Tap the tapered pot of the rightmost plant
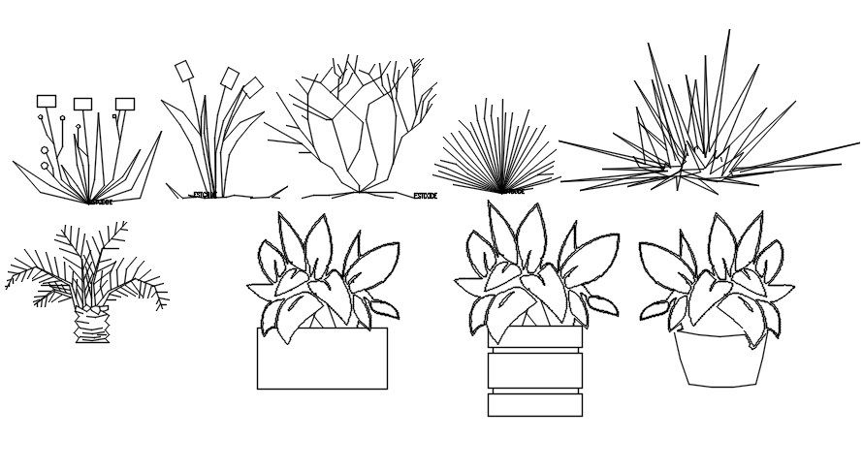tap(720, 360)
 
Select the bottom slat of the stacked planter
tap(535, 405)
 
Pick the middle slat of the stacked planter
tap(535, 370)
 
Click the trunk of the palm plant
tap(91, 324)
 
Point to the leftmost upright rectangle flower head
tap(47, 101)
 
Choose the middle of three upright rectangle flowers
tap(82, 104)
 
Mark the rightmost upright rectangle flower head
tap(125, 104)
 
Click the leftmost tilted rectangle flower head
tap(184, 71)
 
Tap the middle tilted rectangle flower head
tap(230, 77)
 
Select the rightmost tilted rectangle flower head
tap(253, 87)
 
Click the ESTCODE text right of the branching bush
tap(425, 196)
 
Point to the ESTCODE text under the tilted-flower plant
tap(205, 195)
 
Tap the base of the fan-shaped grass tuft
tap(500, 191)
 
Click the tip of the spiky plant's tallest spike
tap(729, 31)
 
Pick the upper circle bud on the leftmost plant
tap(47, 150)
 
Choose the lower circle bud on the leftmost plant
tap(45, 166)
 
